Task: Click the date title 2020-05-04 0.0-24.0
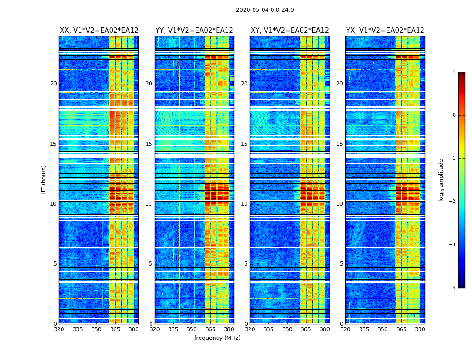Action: pos(265,10)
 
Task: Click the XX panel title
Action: pos(99,31)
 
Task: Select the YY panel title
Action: pos(194,31)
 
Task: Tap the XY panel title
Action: pos(289,31)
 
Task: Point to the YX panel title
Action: pos(385,31)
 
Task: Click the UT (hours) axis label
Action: pos(44,180)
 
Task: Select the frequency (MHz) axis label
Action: pos(217,338)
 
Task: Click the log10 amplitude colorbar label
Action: pos(441,180)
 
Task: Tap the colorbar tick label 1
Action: pos(454,72)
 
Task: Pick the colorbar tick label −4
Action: pos(453,288)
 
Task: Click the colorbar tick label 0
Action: pos(454,115)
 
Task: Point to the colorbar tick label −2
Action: pos(453,202)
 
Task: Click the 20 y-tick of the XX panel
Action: pos(53,84)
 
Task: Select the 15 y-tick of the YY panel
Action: pos(149,144)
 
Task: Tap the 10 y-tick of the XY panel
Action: pos(244,204)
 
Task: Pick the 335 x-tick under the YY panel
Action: pos(173,329)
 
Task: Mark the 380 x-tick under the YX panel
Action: pos(420,329)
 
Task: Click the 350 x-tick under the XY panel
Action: pos(287,329)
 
